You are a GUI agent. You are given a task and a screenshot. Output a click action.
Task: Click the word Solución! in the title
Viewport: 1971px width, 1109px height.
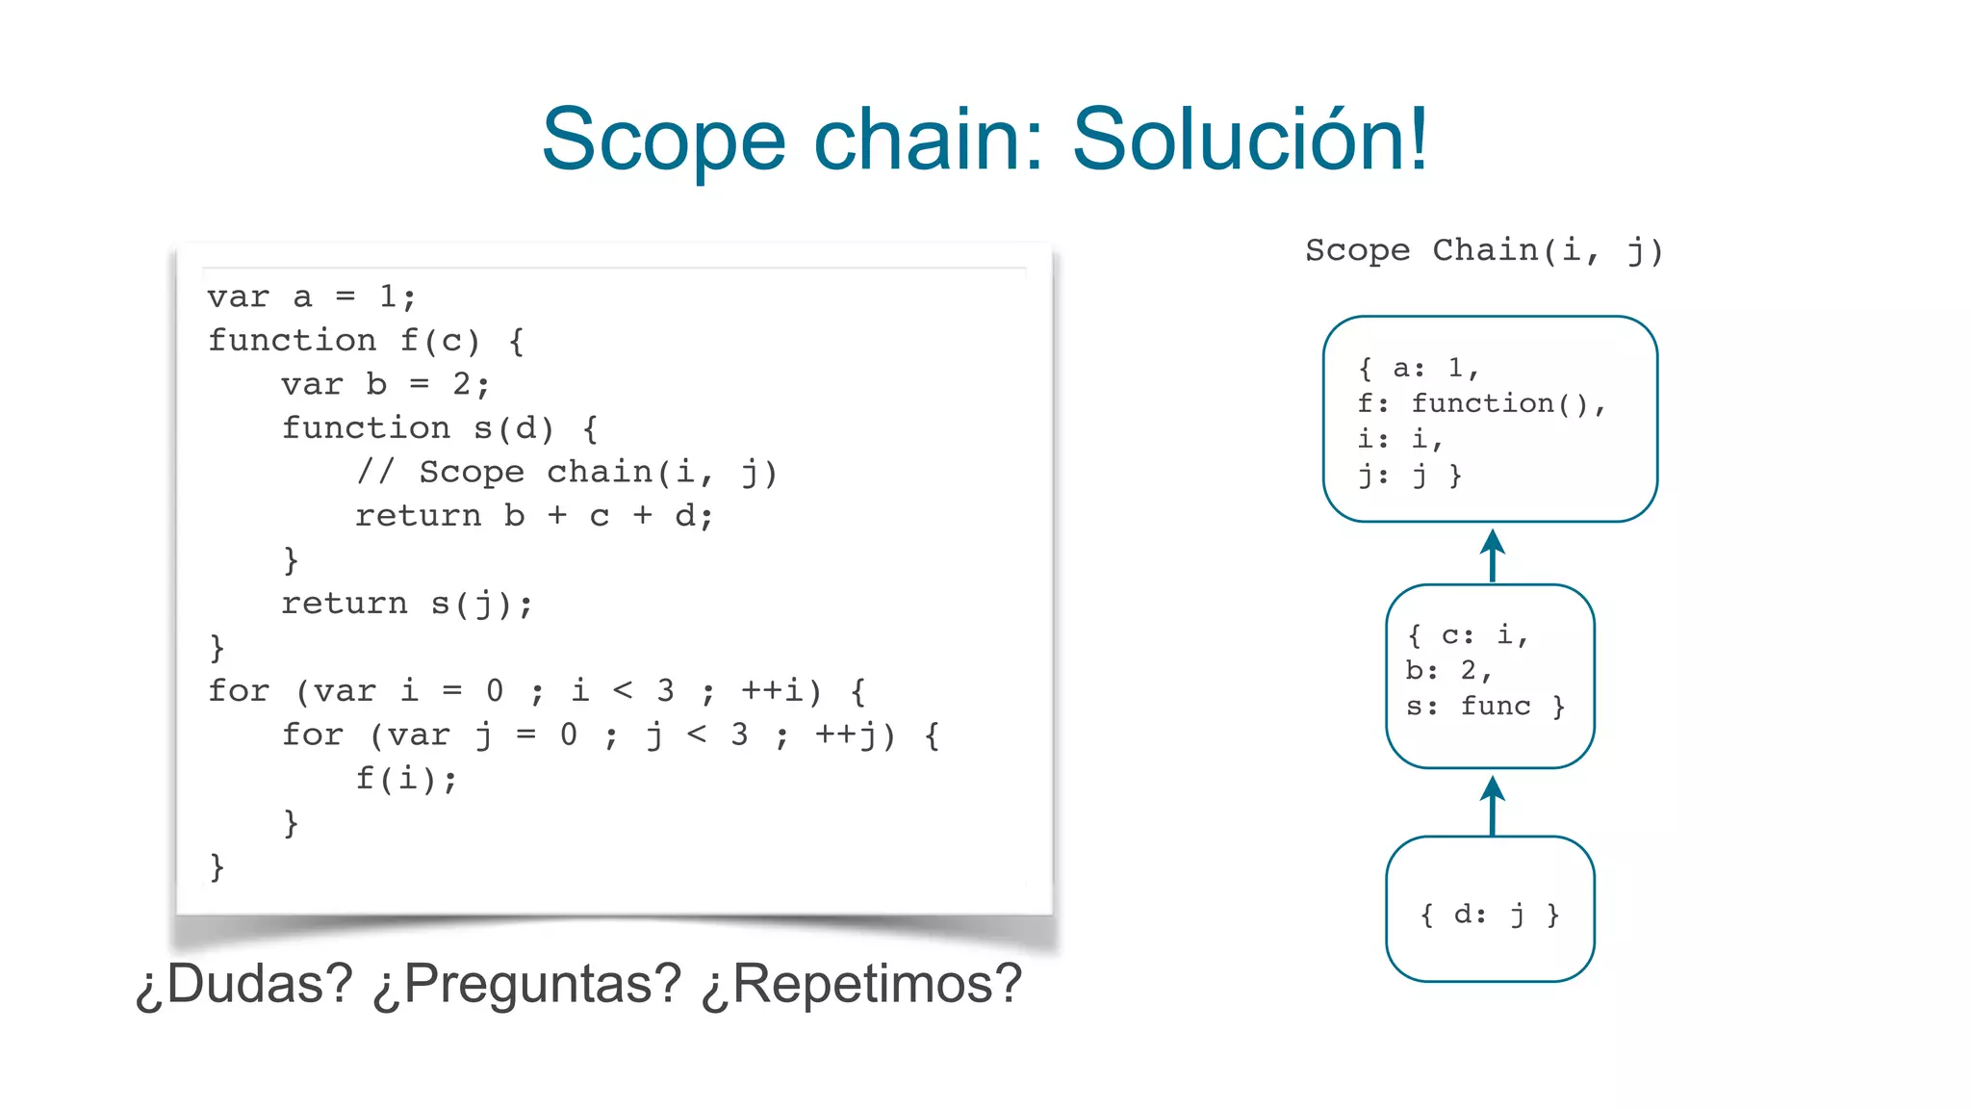click(1249, 141)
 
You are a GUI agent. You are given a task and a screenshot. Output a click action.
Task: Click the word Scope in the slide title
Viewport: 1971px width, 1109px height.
click(663, 141)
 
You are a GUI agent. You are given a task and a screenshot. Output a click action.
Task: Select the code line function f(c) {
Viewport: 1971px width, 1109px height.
click(366, 341)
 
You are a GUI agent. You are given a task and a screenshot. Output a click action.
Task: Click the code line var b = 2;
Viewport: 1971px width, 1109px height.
click(385, 384)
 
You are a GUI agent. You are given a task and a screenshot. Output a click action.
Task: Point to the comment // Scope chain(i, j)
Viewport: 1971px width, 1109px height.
click(566, 472)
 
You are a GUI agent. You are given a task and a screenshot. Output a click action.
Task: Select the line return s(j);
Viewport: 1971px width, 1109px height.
click(406, 604)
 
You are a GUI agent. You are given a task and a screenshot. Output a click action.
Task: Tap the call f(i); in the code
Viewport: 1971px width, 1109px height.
click(406, 778)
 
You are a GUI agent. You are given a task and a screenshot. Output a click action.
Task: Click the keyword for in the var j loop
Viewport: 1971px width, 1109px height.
click(312, 735)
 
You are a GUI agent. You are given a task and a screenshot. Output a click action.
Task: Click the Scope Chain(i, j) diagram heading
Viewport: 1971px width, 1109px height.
click(1483, 250)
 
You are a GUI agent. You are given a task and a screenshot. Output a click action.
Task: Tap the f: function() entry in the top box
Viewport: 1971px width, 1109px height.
click(1481, 403)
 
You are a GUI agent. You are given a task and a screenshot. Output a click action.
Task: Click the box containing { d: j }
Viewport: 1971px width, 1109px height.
click(1490, 909)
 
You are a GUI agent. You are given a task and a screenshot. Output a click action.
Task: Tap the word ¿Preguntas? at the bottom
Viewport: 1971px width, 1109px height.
click(526, 985)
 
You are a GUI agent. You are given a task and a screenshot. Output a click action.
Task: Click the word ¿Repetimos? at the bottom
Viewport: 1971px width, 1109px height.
click(860, 985)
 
